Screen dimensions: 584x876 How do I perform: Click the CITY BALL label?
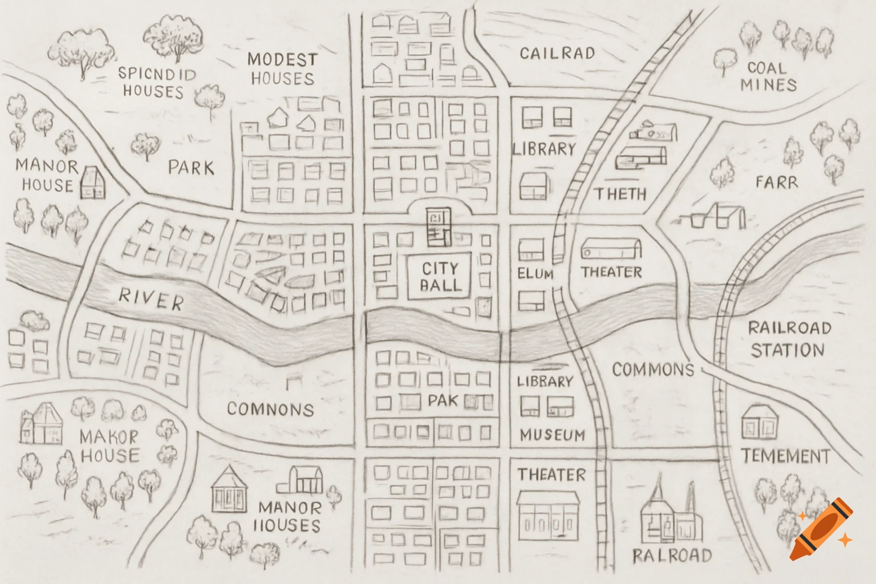point(440,277)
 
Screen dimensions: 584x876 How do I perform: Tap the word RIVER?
point(151,299)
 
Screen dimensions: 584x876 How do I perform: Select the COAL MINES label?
point(768,76)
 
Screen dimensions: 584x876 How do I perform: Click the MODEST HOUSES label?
point(282,68)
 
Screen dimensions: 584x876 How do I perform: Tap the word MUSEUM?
point(552,436)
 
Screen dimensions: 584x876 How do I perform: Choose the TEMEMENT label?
point(785,456)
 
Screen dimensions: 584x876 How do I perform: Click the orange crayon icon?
point(821,530)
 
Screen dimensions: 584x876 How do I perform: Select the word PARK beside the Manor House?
point(191,168)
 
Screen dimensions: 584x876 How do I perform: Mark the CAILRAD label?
point(557,54)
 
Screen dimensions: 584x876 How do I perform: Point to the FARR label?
point(776,182)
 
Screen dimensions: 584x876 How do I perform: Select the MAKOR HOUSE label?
point(109,446)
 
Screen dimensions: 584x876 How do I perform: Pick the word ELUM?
point(535,274)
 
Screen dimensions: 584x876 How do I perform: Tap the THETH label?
point(620,194)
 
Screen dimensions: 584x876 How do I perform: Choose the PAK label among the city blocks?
point(443,401)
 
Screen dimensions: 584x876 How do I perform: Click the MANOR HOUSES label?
point(289,516)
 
